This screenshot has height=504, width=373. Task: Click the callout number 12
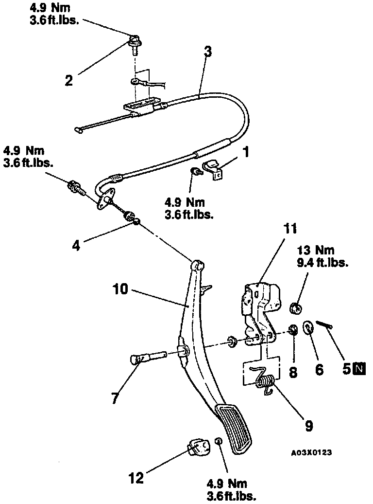coord(136,478)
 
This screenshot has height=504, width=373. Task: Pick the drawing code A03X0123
coord(311,452)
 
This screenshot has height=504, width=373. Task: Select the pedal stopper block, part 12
coord(198,448)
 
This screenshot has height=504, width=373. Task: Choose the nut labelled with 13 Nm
coord(294,307)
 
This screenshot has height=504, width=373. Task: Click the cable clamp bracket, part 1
coord(214,169)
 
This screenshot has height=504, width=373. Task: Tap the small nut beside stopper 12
coord(219,440)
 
